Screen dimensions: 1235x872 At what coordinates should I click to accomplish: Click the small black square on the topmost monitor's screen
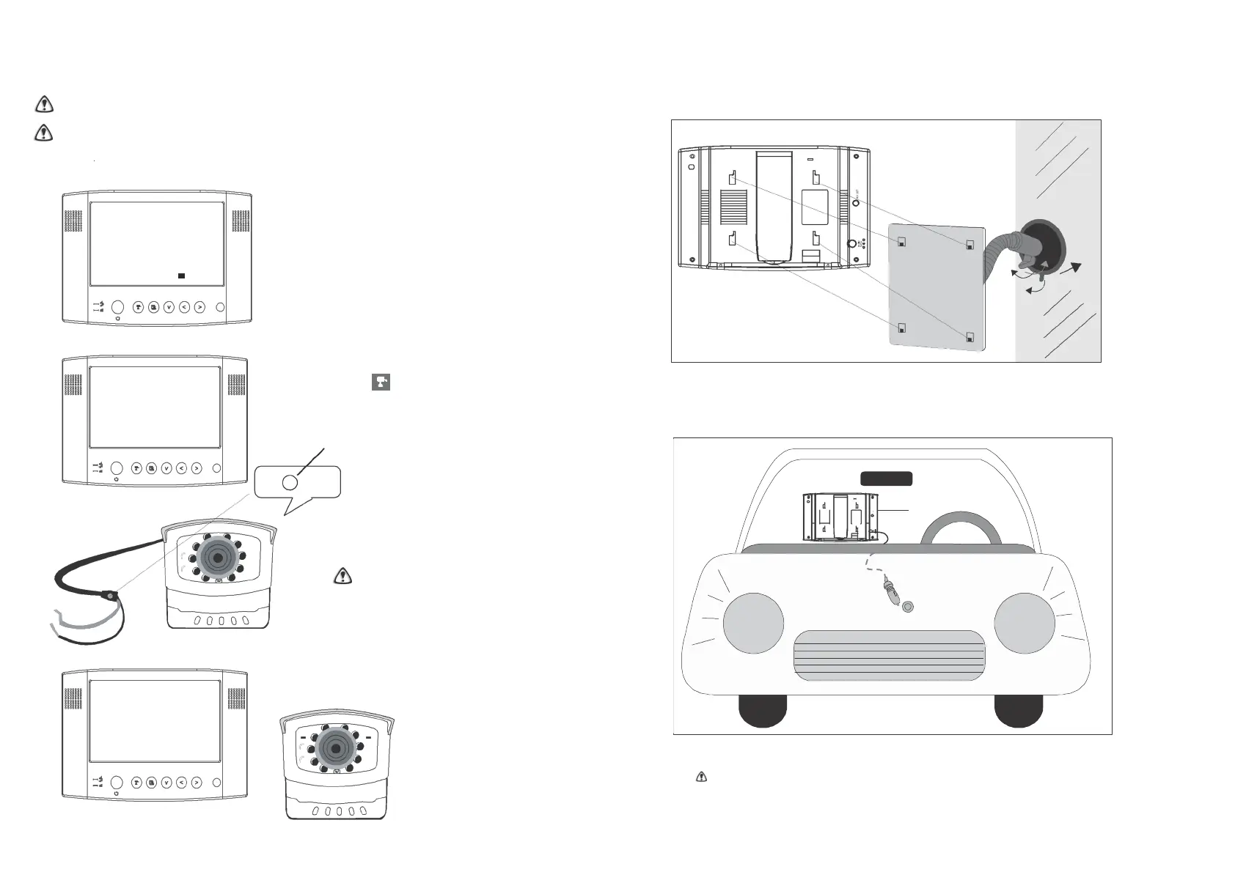pyautogui.click(x=180, y=276)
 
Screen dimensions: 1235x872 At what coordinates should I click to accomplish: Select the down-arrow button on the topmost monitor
pyautogui.click(x=169, y=308)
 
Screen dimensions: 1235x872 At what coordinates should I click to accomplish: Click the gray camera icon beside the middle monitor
pyautogui.click(x=381, y=382)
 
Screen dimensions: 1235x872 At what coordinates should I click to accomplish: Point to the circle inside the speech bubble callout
pyautogui.click(x=290, y=482)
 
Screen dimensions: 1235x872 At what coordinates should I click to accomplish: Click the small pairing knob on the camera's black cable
pyautogui.click(x=110, y=595)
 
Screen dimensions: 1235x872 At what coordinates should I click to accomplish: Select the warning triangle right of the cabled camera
pyautogui.click(x=342, y=577)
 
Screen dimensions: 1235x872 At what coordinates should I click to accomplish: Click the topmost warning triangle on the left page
pyautogui.click(x=45, y=105)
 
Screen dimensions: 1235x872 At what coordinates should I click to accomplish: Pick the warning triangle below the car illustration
pyautogui.click(x=701, y=777)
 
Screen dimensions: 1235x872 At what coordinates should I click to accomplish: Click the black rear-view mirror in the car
pyautogui.click(x=886, y=479)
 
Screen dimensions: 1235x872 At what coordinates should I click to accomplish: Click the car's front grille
pyautogui.click(x=889, y=654)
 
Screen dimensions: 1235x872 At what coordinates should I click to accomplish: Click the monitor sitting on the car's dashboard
pyautogui.click(x=841, y=517)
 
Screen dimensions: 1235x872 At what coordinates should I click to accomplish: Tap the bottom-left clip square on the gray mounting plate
pyautogui.click(x=901, y=328)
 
